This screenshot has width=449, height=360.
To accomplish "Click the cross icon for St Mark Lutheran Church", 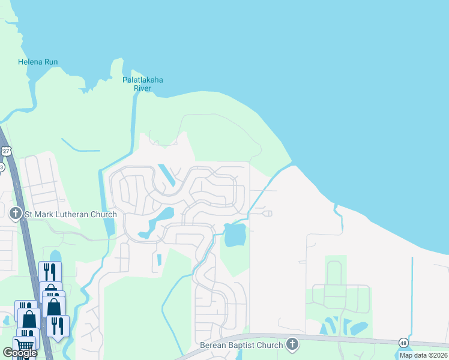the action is pyautogui.click(x=16, y=212).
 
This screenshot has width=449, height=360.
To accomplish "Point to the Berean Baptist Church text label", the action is pyautogui.click(x=241, y=345).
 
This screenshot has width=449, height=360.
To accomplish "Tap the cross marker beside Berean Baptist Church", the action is pyautogui.click(x=292, y=344).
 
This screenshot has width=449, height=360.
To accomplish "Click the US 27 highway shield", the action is pyautogui.click(x=5, y=150).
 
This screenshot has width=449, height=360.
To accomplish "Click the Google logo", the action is pyautogui.click(x=20, y=353).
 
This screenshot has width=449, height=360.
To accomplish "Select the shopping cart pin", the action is pyautogui.click(x=24, y=344).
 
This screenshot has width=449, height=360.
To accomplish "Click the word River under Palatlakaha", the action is pyautogui.click(x=143, y=89).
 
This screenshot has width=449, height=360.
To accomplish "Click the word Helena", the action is pyautogui.click(x=28, y=62).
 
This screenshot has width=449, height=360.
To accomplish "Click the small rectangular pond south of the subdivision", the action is pyautogui.click(x=159, y=260).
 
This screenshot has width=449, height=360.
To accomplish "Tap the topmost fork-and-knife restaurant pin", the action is pyautogui.click(x=50, y=271).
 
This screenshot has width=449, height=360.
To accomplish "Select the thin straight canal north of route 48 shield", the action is pyautogui.click(x=412, y=294).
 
